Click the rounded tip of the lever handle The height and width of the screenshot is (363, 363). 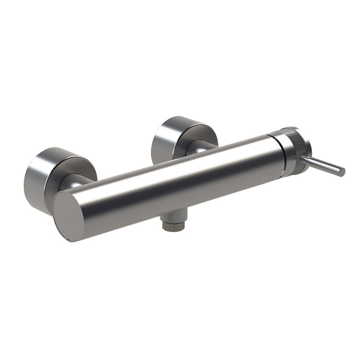pos(342,172)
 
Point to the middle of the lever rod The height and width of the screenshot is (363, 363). pos(323,165)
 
